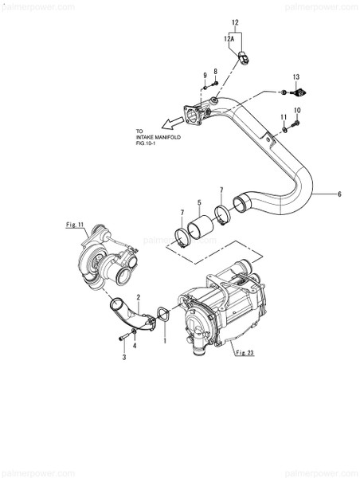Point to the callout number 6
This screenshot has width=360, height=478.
339,194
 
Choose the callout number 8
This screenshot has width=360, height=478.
214,72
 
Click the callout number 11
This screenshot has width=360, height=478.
283,117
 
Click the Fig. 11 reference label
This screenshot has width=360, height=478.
74,226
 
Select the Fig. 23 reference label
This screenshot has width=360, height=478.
245,353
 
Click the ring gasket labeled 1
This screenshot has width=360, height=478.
162,314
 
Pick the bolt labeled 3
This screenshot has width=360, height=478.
123,339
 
